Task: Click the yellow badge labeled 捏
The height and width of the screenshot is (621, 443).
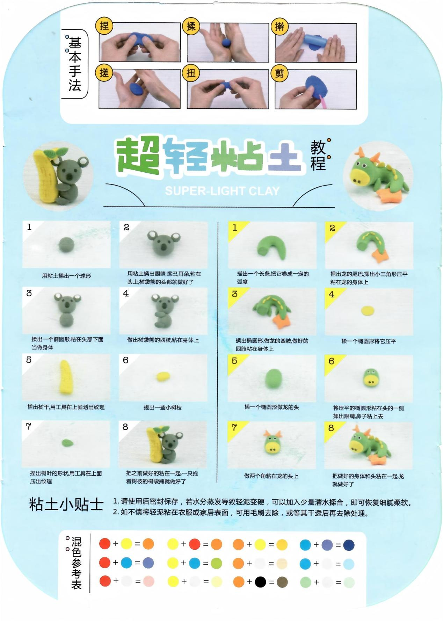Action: point(104,26)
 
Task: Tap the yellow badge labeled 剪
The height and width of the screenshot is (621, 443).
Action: point(279,73)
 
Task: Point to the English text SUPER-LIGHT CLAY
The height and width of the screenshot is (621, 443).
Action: point(222,191)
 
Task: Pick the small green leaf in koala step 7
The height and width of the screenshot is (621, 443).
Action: point(67,443)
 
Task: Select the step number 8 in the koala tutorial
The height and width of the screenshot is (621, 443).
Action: point(125,427)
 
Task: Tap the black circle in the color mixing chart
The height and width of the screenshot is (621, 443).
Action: point(260,582)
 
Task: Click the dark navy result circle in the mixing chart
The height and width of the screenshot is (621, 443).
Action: point(349,545)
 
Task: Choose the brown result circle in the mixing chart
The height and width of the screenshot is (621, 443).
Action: point(282,582)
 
